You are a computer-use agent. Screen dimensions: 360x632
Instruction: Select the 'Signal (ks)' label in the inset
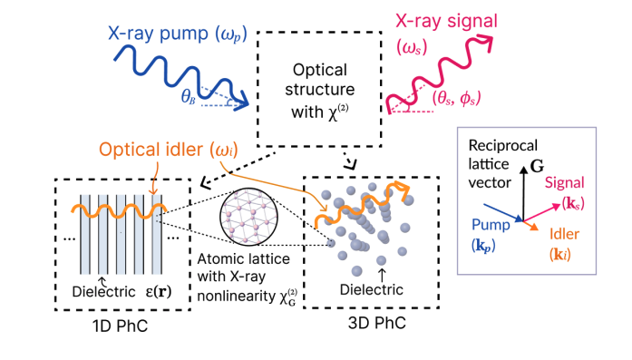click(567, 192)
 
